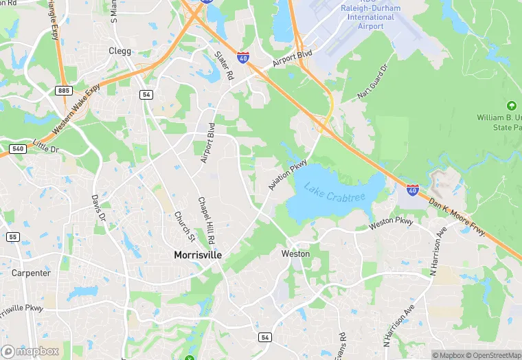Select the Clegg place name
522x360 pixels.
120,52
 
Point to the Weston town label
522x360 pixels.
295,254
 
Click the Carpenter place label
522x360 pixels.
31,273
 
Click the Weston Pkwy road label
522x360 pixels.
391,222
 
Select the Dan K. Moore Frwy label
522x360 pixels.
457,217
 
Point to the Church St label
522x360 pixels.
183,225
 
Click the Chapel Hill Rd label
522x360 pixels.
206,220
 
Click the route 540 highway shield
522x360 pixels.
18,148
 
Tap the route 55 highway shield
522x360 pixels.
12,237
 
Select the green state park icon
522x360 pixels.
510,106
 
